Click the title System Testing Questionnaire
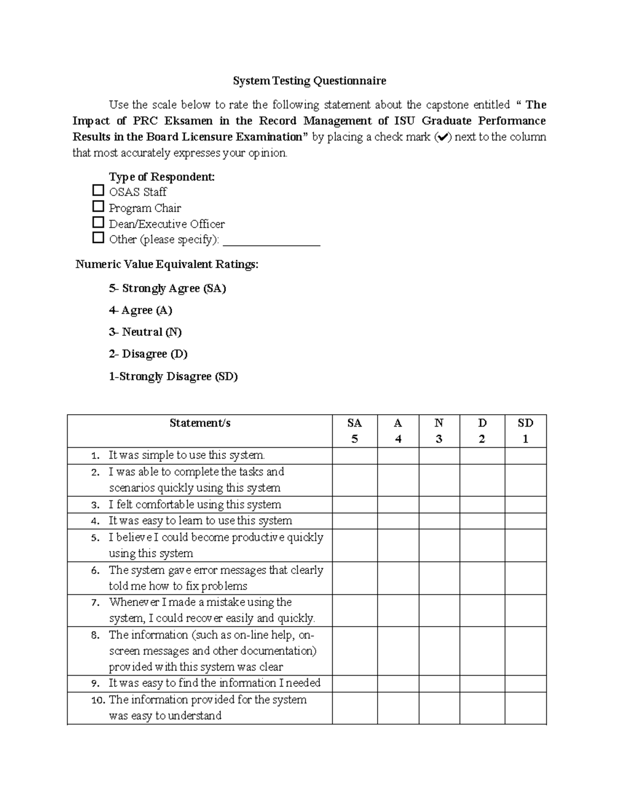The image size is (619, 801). pyautogui.click(x=309, y=81)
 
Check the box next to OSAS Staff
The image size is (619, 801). pyautogui.click(x=98, y=191)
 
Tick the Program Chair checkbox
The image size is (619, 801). pyautogui.click(x=98, y=207)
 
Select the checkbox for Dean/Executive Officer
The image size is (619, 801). pyautogui.click(x=98, y=223)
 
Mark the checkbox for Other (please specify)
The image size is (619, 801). pyautogui.click(x=98, y=238)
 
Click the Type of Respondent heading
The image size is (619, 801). pyautogui.click(x=161, y=177)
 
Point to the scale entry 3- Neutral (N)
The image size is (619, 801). pyautogui.click(x=145, y=332)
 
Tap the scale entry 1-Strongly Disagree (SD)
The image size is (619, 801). pyautogui.click(x=173, y=377)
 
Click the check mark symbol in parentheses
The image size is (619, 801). pyautogui.click(x=443, y=138)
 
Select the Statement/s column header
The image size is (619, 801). pyautogui.click(x=200, y=423)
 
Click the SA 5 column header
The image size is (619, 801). pyautogui.click(x=354, y=431)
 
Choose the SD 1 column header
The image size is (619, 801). pyautogui.click(x=525, y=431)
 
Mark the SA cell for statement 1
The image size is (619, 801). pyautogui.click(x=354, y=456)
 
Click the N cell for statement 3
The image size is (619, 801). pyautogui.click(x=439, y=504)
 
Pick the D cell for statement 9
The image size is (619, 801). pyautogui.click(x=482, y=683)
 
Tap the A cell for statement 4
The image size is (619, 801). pyautogui.click(x=398, y=521)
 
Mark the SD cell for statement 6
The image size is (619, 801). pyautogui.click(x=525, y=578)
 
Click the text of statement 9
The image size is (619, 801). pyautogui.click(x=214, y=683)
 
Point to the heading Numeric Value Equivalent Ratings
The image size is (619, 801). pyautogui.click(x=167, y=265)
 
